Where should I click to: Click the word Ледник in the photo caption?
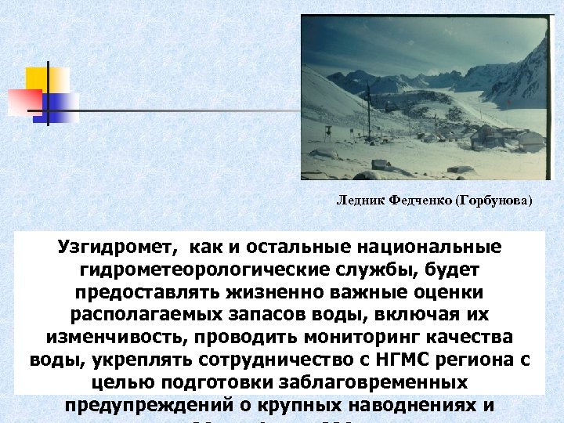(x=356, y=201)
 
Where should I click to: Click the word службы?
(x=357, y=270)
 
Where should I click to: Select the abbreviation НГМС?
(x=414, y=360)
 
